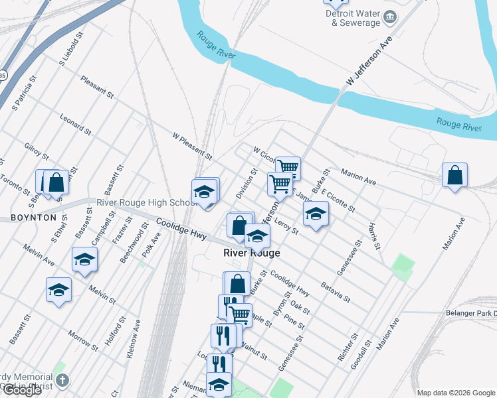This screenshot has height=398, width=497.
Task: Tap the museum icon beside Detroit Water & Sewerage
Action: point(389,17)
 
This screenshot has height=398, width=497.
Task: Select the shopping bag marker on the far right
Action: point(455,176)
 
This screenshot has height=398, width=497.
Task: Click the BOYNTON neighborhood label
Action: point(33,218)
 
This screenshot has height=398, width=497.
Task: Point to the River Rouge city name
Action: point(251,253)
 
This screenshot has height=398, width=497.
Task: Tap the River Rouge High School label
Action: point(146,202)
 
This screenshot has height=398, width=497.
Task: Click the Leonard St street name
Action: point(74,124)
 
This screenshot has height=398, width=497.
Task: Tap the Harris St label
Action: point(375,236)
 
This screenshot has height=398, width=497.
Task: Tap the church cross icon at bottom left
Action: point(62,381)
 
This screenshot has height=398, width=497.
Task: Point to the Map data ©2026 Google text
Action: point(456,393)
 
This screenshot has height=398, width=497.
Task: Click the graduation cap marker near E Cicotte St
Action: point(316,214)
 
